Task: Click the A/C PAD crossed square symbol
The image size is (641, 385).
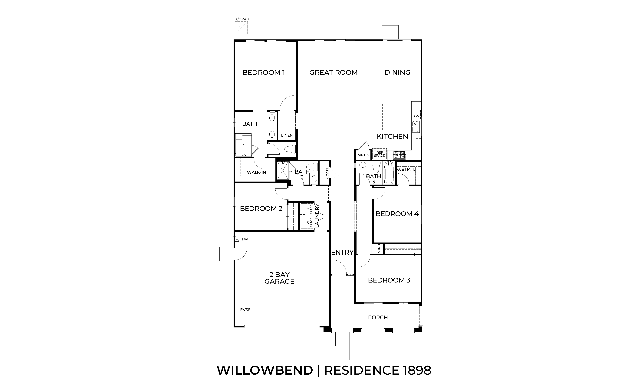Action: tap(241, 28)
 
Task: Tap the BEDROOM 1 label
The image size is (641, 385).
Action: tap(264, 72)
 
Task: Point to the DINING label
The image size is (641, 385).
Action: tap(397, 72)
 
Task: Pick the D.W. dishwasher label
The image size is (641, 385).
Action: tap(416, 116)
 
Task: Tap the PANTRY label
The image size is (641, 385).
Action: tap(363, 155)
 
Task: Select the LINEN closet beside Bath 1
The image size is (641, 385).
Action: tap(287, 135)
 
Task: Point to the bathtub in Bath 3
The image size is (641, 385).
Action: tap(389, 173)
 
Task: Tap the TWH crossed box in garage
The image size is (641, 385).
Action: tap(236, 239)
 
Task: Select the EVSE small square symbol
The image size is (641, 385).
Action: tap(237, 310)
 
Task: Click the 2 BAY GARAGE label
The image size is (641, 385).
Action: tap(279, 278)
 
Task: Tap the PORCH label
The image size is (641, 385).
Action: tap(378, 317)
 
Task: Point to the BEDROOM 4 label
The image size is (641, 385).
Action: tap(397, 214)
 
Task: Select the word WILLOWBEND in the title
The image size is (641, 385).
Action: tap(265, 370)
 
